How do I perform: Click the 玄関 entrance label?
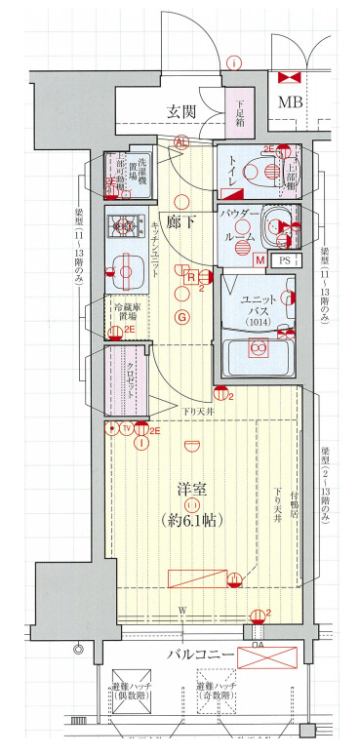point(184,111)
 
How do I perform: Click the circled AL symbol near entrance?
point(180,141)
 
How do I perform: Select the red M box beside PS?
point(260,260)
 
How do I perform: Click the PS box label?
point(285,260)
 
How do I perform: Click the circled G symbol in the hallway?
point(180,316)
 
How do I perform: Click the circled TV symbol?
point(127,428)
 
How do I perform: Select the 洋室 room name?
point(193,489)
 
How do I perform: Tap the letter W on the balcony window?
point(182,611)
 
